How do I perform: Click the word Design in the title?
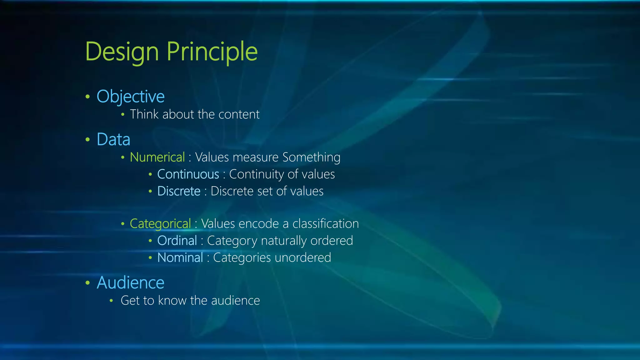pos(122,52)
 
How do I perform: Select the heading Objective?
pos(131,97)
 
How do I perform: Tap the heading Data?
pos(113,139)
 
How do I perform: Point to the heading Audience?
pos(131,283)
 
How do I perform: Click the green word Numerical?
pos(157,157)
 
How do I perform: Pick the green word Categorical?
pos(160,224)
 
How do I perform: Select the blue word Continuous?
pos(188,174)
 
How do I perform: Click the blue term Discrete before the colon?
pos(179,191)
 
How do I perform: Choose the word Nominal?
pos(180,258)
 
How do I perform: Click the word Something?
pos(311,157)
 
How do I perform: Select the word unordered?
pos(303,258)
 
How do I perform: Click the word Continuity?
pos(256,174)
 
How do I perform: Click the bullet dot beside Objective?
pos(88,97)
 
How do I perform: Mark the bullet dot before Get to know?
pos(111,301)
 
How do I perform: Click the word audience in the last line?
pos(236,301)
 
